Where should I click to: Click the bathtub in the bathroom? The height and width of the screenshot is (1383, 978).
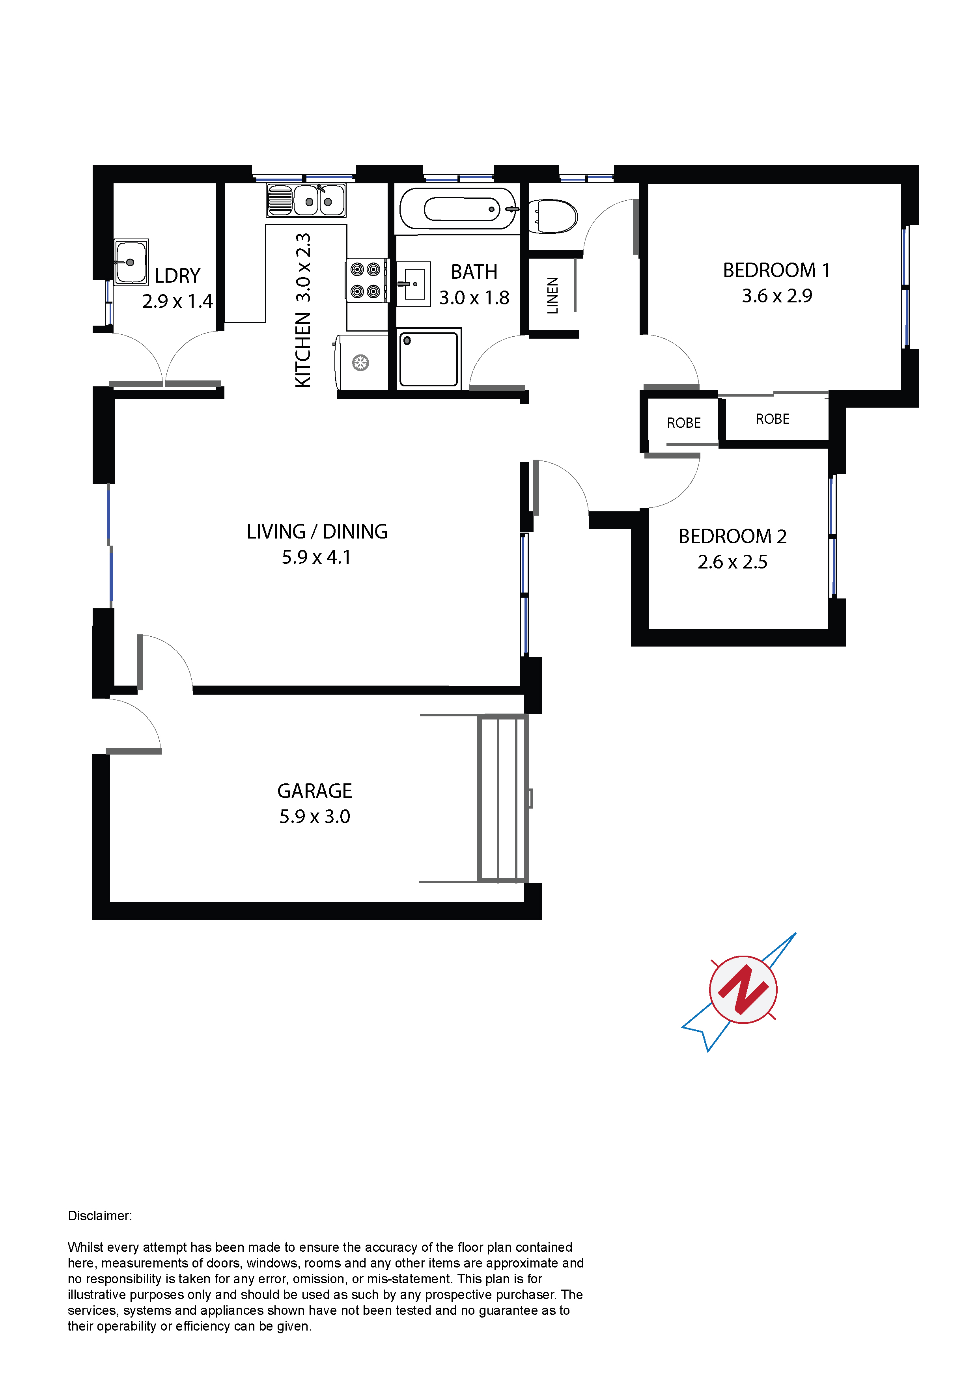point(458,209)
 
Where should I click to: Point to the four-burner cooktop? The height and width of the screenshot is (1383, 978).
point(366,280)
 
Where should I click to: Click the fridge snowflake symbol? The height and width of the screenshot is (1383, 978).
point(360,363)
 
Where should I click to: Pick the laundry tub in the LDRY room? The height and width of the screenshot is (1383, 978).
point(131,262)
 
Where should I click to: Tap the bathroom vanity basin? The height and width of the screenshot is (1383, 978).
point(413,284)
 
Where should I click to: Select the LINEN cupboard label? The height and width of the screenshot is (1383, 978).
point(552,295)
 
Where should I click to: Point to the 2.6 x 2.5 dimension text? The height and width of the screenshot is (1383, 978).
point(732,562)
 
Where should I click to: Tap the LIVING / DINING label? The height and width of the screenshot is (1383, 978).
point(317,531)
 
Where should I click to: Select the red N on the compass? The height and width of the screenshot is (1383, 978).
point(743,990)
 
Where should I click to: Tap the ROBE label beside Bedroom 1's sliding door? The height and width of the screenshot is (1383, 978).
point(773,419)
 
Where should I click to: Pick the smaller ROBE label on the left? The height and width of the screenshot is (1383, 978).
point(684,423)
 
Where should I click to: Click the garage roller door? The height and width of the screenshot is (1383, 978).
point(502,799)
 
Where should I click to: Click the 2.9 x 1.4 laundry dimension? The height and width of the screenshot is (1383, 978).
point(178,301)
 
